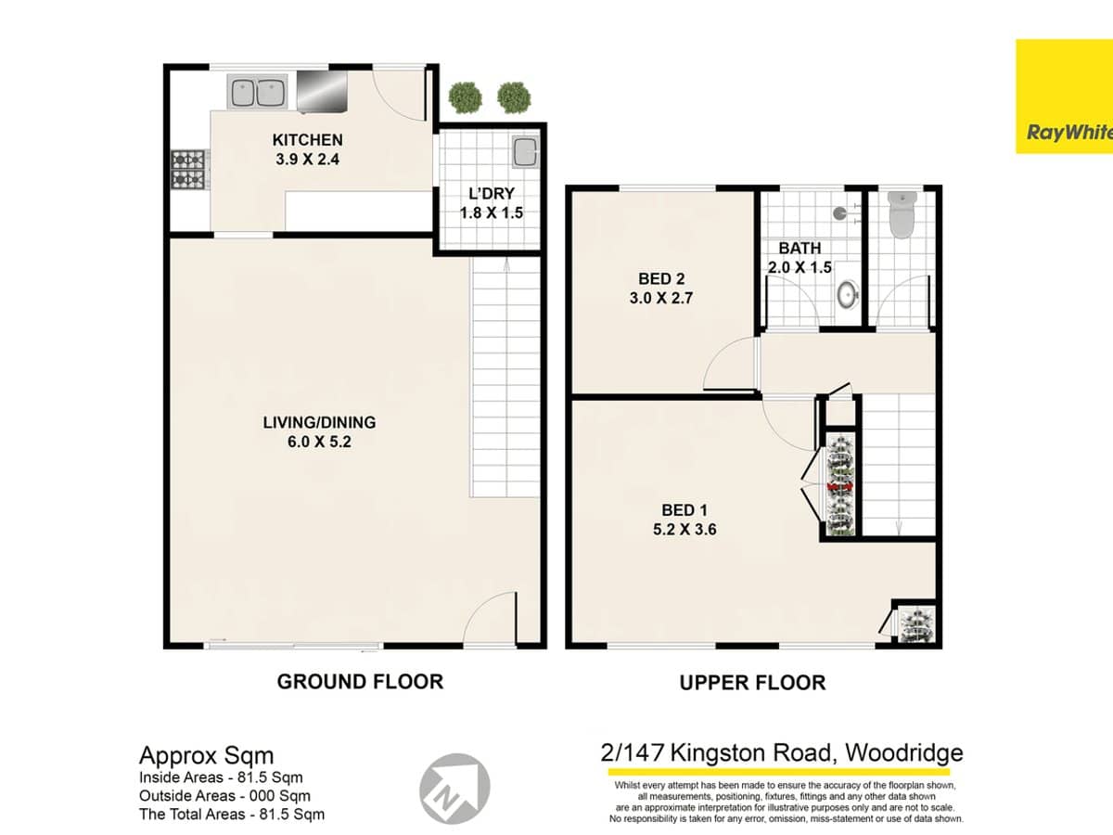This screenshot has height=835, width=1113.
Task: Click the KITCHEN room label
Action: (x=307, y=140)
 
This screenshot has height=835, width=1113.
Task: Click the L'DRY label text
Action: (x=492, y=194)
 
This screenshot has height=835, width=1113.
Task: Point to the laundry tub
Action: (x=525, y=151)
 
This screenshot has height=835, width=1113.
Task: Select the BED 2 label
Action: (x=662, y=278)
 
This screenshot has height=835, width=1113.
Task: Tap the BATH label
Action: (x=799, y=249)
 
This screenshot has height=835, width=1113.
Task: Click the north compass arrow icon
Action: (x=454, y=783)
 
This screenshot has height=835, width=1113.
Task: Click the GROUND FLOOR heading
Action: (x=360, y=682)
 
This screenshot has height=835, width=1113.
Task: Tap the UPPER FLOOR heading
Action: (x=752, y=683)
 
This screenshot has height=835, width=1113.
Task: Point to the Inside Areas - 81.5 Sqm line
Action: (x=221, y=777)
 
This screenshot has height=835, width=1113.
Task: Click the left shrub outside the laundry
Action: (x=465, y=96)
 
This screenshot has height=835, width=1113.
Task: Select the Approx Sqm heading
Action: (x=206, y=755)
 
